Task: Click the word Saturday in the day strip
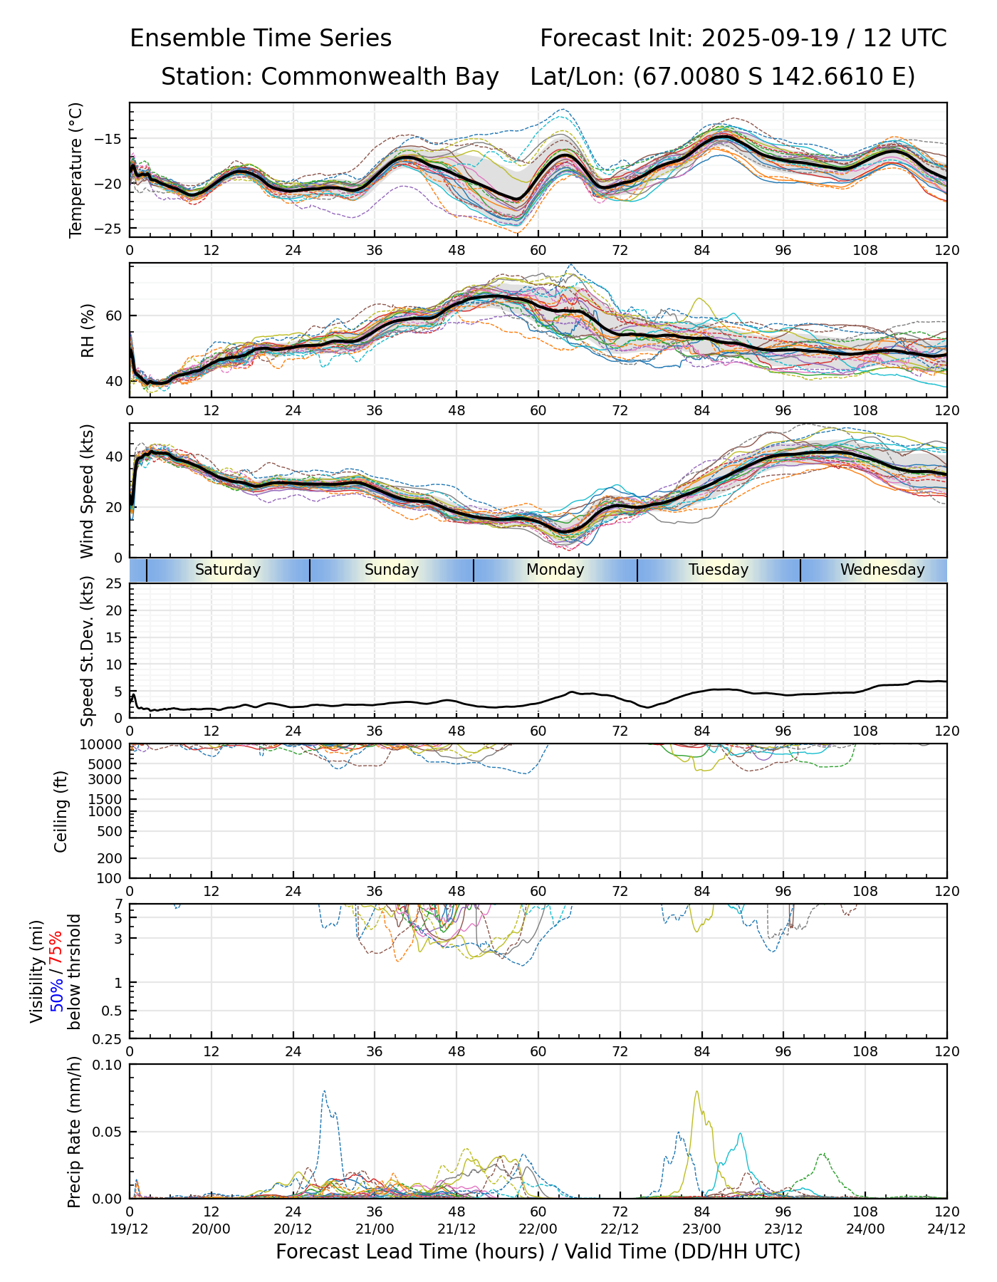[x=228, y=570]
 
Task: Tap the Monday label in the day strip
[x=555, y=570]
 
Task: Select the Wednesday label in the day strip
[x=882, y=570]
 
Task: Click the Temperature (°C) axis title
[x=76, y=170]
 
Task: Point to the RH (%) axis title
[x=88, y=330]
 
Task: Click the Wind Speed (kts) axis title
[x=88, y=491]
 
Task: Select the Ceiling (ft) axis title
[x=61, y=811]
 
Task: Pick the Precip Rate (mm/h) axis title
[x=74, y=1132]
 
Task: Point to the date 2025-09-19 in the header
[x=771, y=38]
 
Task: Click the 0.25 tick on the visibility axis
[x=108, y=1038]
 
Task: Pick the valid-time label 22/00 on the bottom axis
[x=538, y=1229]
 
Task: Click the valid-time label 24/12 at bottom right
[x=946, y=1229]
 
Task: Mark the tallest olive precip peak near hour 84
[x=696, y=1092]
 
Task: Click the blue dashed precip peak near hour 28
[x=324, y=1091]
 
